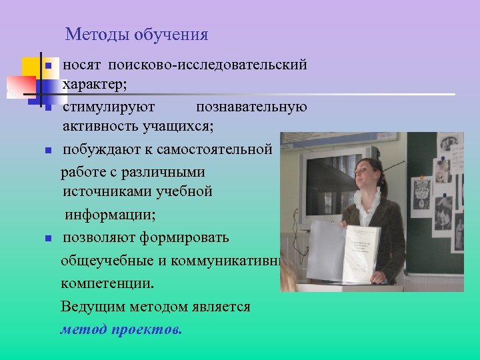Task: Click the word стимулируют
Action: pos(109,107)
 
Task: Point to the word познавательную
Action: pos(251,107)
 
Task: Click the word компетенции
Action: pos(107,283)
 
